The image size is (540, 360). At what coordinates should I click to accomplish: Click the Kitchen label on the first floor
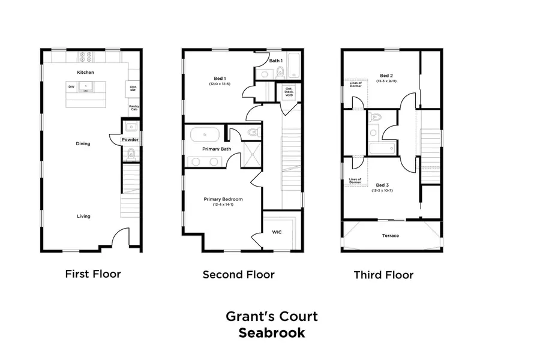click(85, 73)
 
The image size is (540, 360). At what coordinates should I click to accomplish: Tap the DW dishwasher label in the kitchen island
click(71, 87)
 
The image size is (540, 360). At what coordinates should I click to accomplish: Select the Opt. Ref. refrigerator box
click(133, 88)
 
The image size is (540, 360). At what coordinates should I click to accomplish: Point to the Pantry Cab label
click(134, 107)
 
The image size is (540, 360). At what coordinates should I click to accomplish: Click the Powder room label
click(130, 140)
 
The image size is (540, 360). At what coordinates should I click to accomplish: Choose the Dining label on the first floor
click(83, 143)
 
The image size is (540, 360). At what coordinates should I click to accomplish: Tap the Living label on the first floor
click(83, 216)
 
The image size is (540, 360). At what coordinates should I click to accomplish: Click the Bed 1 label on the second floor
click(220, 79)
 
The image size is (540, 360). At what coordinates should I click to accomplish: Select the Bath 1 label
click(275, 61)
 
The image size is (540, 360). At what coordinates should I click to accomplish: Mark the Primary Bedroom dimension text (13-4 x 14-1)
click(223, 205)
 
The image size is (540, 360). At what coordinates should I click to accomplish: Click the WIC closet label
click(277, 231)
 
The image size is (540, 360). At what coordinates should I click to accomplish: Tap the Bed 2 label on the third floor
click(386, 76)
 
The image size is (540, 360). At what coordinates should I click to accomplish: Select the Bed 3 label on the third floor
click(382, 185)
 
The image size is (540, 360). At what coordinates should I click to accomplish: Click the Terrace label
click(390, 236)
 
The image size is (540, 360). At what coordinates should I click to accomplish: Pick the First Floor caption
click(93, 274)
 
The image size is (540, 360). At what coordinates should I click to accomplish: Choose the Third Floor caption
click(383, 275)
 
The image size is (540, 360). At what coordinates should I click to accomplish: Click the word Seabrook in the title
click(272, 332)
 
